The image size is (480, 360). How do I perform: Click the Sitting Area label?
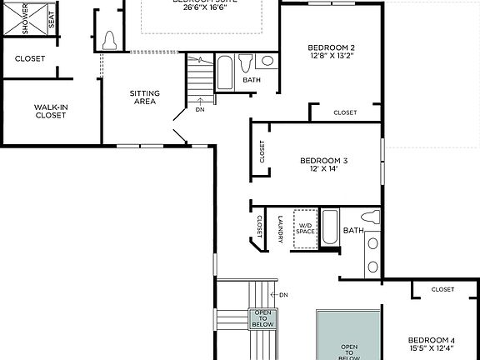146,97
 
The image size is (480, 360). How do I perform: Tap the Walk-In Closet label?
51,111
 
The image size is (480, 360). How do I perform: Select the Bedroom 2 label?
331,47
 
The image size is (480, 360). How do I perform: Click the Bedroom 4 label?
431,340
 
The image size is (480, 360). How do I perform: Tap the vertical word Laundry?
280,229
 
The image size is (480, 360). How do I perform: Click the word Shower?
25,19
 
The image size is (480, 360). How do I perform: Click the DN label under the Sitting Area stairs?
200,109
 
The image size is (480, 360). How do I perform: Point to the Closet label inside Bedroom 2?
345,112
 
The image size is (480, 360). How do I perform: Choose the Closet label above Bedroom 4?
442,289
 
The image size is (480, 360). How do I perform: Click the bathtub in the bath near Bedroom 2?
225,72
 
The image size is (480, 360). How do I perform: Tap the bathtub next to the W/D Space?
330,227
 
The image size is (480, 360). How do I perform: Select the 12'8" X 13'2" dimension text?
331,57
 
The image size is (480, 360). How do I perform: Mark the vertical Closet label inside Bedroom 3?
262,152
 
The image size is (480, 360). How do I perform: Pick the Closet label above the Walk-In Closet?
30,58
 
